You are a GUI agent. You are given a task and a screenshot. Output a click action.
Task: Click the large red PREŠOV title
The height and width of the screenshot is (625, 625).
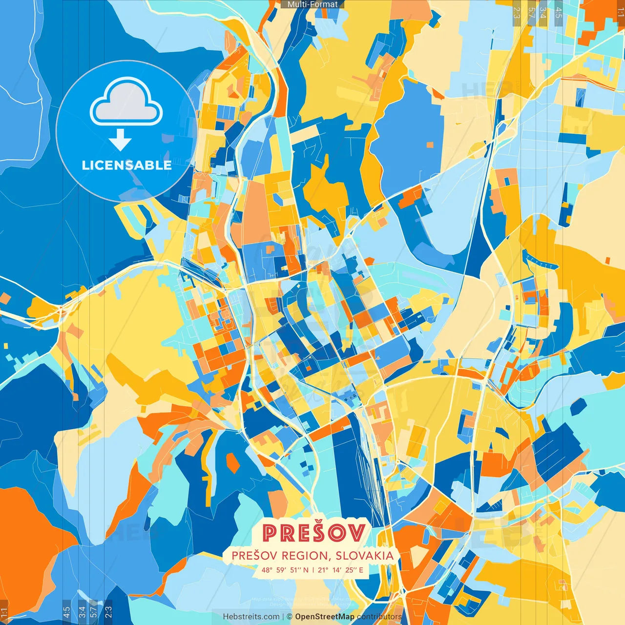pos(313,533)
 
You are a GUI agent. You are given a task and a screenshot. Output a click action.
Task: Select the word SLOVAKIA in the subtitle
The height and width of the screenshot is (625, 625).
pos(364,556)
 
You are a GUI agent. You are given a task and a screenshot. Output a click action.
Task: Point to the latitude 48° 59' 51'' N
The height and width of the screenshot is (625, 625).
pos(285,570)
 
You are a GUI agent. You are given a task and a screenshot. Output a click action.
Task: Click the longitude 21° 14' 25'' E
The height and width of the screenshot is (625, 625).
pos(340,570)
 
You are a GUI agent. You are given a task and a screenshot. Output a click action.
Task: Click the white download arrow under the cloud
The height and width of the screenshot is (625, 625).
pos(120,141)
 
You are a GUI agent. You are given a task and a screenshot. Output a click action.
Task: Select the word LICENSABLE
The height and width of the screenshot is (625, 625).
pos(126,165)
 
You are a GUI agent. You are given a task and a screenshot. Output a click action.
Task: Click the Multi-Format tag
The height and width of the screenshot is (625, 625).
pos(312,4)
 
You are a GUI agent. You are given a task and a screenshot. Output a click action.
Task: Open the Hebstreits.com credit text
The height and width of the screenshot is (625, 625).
pos(251,617)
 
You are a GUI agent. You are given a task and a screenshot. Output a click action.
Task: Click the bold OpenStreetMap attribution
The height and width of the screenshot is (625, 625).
pos(325,617)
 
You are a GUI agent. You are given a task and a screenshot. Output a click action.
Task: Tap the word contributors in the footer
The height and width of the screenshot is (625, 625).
pos(379,617)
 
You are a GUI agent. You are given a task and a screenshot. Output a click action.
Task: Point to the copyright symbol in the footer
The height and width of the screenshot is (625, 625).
pos(289,617)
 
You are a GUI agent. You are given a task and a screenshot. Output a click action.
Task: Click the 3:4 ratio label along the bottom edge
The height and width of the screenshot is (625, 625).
pos(82,612)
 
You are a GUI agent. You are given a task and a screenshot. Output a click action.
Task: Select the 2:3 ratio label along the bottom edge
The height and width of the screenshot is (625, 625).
pos(108,612)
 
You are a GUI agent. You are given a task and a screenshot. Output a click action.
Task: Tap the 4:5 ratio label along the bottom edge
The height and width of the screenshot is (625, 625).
pos(66,612)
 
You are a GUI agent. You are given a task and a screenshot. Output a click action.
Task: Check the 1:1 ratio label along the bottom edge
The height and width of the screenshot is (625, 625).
pos(4,613)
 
